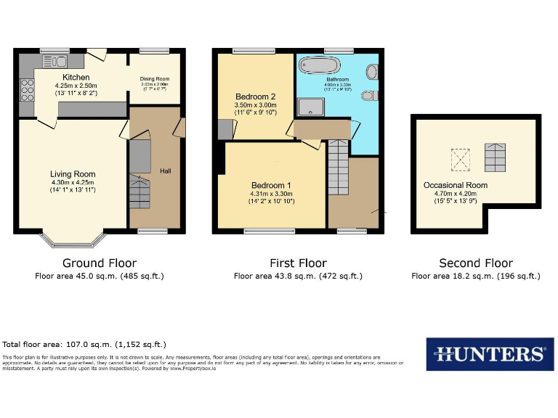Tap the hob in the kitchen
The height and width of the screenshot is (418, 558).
(x=28, y=90)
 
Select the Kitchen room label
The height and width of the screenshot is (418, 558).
(x=76, y=78)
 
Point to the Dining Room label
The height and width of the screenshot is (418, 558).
(x=154, y=78)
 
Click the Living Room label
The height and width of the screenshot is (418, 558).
(x=73, y=173)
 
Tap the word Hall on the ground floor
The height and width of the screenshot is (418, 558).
(x=166, y=171)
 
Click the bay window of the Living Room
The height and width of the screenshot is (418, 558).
(x=73, y=238)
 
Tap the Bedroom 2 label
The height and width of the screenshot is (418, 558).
(x=255, y=97)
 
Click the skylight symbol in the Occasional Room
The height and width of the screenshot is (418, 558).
(x=461, y=157)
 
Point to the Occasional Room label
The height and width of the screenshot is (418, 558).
(x=456, y=185)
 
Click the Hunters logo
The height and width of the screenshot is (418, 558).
(x=490, y=354)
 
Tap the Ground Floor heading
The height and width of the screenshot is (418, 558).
(x=100, y=263)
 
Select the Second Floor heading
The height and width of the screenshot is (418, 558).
(x=476, y=263)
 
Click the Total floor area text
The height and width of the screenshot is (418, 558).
(x=84, y=344)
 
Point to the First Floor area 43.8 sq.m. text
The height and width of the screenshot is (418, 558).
(x=298, y=276)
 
